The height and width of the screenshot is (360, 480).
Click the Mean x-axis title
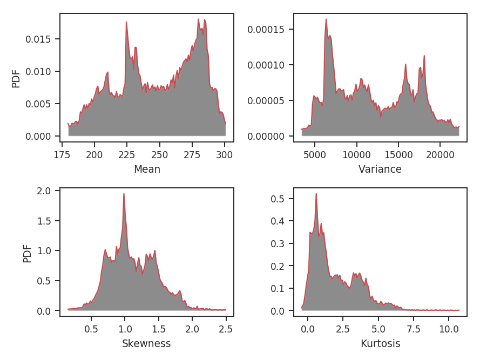(147, 169)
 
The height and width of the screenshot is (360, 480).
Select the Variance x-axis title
(380, 169)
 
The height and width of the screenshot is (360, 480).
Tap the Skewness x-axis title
(146, 344)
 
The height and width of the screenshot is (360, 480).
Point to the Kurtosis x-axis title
(380, 344)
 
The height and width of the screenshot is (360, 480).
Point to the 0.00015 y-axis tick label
(268, 29)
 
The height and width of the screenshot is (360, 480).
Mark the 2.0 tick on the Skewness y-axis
(45, 191)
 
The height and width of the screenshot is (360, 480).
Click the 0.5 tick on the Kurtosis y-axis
(278, 199)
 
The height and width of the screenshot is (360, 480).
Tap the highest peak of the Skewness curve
(124, 194)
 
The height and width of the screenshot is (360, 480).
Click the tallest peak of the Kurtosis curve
(316, 194)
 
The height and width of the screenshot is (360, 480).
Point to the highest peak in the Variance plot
(326, 19)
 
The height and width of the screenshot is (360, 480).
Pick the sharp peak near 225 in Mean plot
(126, 22)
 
